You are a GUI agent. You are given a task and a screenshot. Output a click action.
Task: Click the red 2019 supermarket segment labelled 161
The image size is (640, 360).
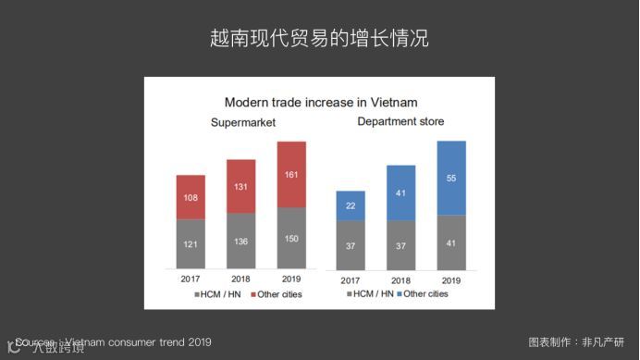291,174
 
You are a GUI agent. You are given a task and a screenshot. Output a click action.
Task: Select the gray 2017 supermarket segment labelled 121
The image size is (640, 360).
191,243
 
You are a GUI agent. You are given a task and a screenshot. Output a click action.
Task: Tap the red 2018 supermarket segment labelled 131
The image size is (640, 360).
241,186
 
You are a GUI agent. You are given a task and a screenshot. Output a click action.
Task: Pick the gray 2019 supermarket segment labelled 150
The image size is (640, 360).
291,238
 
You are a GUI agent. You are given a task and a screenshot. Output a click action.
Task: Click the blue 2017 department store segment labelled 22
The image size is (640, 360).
351,205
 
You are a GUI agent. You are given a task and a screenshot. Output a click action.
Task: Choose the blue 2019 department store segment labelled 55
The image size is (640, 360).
451,178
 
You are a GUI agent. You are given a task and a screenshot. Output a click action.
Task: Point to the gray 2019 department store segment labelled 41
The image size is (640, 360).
451,242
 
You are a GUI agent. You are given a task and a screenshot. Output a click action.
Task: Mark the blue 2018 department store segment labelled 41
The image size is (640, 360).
401,192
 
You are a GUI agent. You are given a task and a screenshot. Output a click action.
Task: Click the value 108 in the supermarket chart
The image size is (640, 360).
191,197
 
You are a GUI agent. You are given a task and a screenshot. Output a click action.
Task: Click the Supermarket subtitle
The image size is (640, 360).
243,124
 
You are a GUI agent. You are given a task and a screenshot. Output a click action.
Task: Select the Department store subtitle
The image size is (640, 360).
400,122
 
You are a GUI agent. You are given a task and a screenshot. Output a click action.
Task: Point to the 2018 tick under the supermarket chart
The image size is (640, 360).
241,279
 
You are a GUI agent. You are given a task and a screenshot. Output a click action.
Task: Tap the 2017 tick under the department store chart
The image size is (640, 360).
351,280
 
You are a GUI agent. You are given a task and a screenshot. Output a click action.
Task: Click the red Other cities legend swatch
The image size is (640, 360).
252,295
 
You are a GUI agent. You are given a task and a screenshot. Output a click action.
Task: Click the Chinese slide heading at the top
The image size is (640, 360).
319,40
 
